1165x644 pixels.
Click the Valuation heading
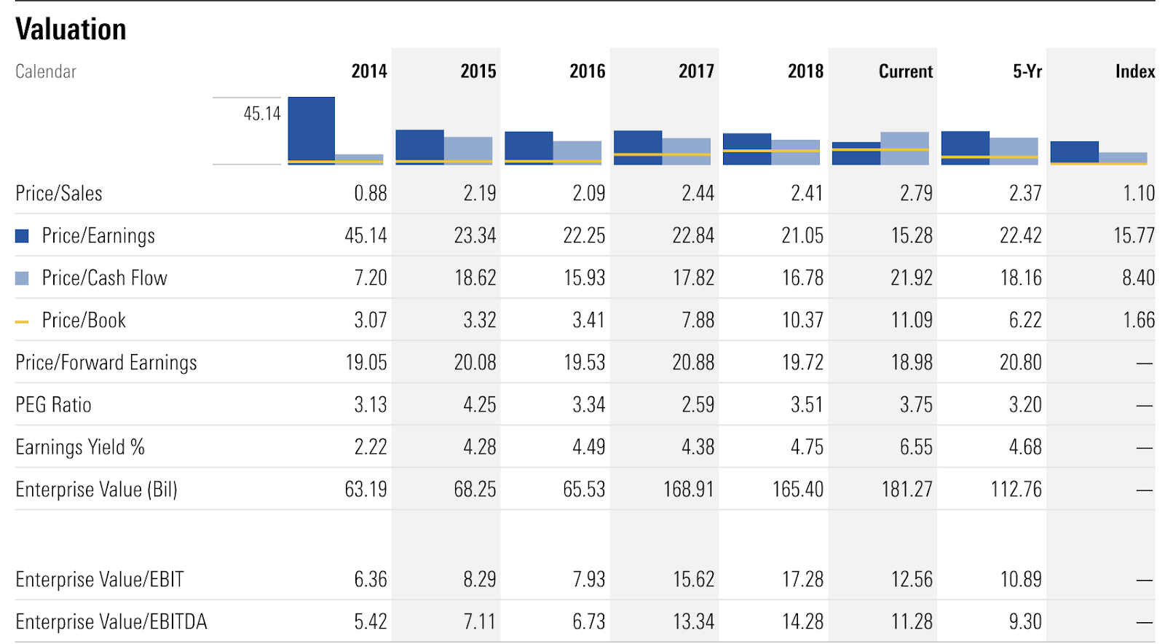point(71,30)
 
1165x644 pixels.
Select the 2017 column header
point(696,71)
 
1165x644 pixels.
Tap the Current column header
point(905,71)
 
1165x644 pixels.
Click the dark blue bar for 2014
point(311,130)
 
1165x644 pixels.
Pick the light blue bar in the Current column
point(904,148)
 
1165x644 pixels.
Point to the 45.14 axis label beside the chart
point(261,114)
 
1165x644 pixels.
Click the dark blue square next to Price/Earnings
point(22,236)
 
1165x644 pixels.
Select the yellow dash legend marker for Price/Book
point(22,321)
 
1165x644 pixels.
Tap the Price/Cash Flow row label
point(104,278)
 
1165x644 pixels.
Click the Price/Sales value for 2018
point(807,194)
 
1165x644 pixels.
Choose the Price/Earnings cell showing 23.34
point(475,236)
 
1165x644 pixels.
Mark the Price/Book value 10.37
point(802,321)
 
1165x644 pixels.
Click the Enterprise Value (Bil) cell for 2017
point(688,490)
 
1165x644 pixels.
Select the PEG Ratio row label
point(54,405)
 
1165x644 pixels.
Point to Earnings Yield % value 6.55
point(916,447)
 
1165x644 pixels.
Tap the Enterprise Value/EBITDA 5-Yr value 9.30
point(1025,622)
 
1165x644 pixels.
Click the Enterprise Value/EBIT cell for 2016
point(588,580)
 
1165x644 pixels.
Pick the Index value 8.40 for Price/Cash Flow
point(1138,278)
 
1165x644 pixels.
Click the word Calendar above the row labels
point(46,71)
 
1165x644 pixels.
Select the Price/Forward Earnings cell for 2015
point(475,363)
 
